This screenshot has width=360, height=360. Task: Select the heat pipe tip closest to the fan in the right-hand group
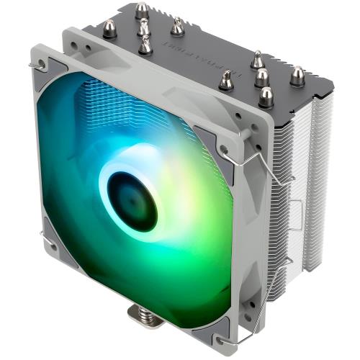pos(225,81)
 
